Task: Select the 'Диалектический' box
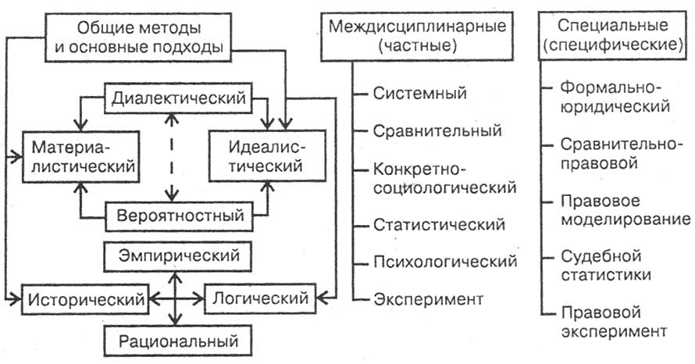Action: (x=180, y=99)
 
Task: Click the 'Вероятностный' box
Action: (x=180, y=213)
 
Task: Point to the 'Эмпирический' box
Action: (x=180, y=255)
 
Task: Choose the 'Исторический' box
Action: (x=87, y=298)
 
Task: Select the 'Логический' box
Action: (x=261, y=298)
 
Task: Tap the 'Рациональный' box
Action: (x=180, y=341)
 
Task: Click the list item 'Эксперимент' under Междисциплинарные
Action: (x=428, y=298)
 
